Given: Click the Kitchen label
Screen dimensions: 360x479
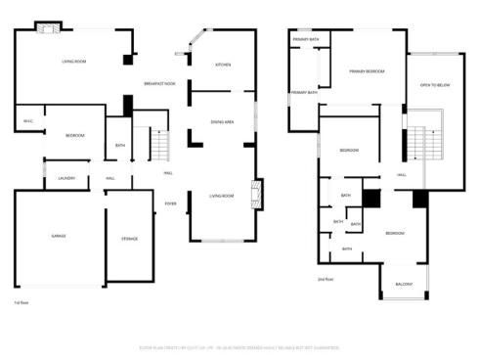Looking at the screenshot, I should [x=223, y=65].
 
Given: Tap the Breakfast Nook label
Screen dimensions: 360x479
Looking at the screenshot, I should [x=159, y=83].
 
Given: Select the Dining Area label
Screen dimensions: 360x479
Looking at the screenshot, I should [x=222, y=121].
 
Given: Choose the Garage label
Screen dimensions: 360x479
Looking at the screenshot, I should [x=58, y=238].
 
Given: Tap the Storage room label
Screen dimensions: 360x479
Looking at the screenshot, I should [x=129, y=238].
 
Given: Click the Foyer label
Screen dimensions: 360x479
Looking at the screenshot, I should [x=170, y=203].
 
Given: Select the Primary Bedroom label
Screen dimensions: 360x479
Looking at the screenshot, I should [x=367, y=71].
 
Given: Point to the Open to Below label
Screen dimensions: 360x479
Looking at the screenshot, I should [x=435, y=85].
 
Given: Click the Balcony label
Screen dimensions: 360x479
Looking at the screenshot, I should [x=404, y=285].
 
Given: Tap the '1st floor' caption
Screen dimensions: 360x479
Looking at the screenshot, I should [x=20, y=303].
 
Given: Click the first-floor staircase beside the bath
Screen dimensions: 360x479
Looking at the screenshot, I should [x=159, y=146].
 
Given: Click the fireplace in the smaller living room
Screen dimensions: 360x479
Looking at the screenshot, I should [x=257, y=192].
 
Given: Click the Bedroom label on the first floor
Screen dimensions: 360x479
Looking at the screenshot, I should [x=74, y=135].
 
